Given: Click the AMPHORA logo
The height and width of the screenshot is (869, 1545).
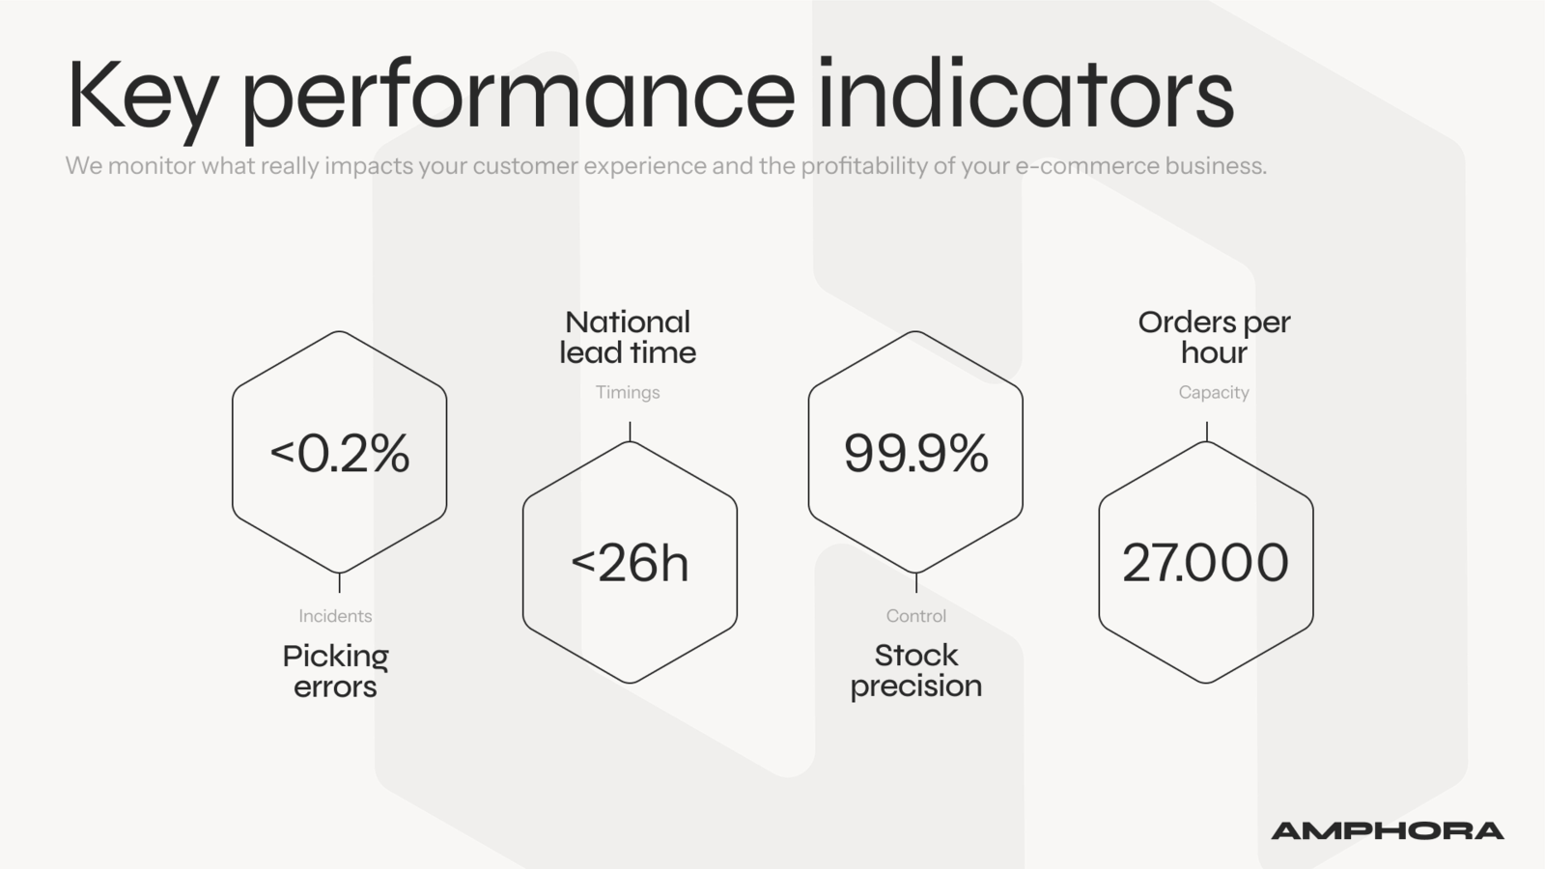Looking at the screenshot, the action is [1387, 831].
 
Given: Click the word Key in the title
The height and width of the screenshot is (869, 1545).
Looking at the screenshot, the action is [142, 100].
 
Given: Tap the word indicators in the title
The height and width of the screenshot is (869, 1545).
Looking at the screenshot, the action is [1025, 93].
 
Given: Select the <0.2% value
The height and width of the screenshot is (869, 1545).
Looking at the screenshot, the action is [339, 453].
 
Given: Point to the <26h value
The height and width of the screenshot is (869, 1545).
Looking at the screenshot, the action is [630, 563].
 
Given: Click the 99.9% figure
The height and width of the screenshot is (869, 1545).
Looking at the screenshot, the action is [916, 453].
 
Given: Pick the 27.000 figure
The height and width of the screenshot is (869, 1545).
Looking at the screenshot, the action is [1206, 563].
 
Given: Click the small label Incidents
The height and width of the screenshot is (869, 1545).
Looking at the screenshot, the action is [335, 616].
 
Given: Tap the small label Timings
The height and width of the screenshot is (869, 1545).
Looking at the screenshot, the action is [628, 392].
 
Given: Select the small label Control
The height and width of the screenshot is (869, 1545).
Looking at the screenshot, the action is [916, 616].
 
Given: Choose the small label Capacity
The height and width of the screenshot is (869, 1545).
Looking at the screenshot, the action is [1214, 392].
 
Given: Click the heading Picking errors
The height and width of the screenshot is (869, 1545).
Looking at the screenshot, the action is [335, 671].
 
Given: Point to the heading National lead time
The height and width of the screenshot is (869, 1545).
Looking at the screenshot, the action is [628, 337].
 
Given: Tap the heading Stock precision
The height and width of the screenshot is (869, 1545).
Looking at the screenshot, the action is [916, 671].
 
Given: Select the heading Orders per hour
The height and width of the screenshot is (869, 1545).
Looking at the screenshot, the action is [1214, 337].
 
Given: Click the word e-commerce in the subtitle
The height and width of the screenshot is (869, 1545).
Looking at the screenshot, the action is [1087, 166].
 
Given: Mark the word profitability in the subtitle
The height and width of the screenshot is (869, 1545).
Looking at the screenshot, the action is [864, 166].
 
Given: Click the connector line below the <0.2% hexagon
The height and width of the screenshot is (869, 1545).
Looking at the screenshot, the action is [339, 583].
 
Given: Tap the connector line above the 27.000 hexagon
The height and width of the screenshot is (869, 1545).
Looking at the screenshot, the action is [1206, 432].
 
